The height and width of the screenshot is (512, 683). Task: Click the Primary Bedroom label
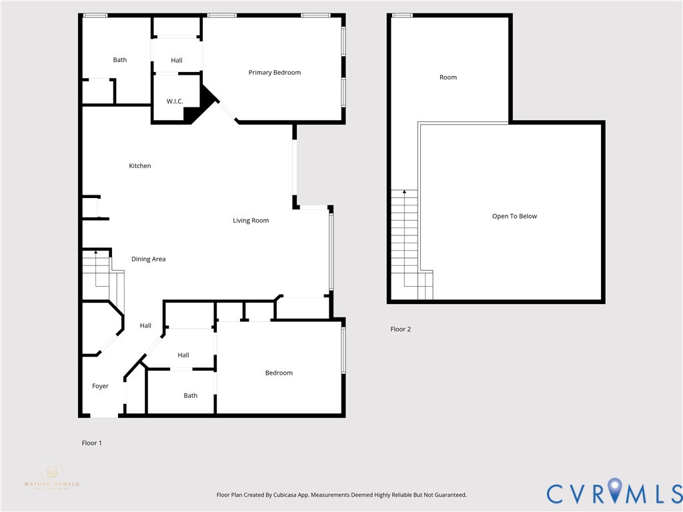pyautogui.click(x=274, y=73)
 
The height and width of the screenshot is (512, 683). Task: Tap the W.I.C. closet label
pyautogui.click(x=175, y=101)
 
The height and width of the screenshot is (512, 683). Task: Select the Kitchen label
pyautogui.click(x=140, y=166)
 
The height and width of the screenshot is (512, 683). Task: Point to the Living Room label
pyautogui.click(x=251, y=221)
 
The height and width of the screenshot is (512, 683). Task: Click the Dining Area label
pyautogui.click(x=148, y=259)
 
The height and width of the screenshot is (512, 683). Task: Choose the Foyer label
pyautogui.click(x=100, y=386)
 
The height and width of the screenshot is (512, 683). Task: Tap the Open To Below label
pyautogui.click(x=514, y=216)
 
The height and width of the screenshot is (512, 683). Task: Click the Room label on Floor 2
pyautogui.click(x=448, y=77)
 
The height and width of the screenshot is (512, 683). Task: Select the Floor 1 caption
pyautogui.click(x=91, y=443)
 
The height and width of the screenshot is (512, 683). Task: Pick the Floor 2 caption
pyautogui.click(x=400, y=329)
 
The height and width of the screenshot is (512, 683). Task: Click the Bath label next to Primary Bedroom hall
pyautogui.click(x=119, y=60)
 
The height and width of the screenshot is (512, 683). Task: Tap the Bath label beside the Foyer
pyautogui.click(x=191, y=395)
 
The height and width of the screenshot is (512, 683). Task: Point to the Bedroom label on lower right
pyautogui.click(x=279, y=373)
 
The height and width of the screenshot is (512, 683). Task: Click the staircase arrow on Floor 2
pyautogui.click(x=404, y=192)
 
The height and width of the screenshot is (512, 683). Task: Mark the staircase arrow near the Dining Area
pyautogui.click(x=95, y=253)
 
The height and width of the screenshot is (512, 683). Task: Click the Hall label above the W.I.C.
pyautogui.click(x=176, y=61)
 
